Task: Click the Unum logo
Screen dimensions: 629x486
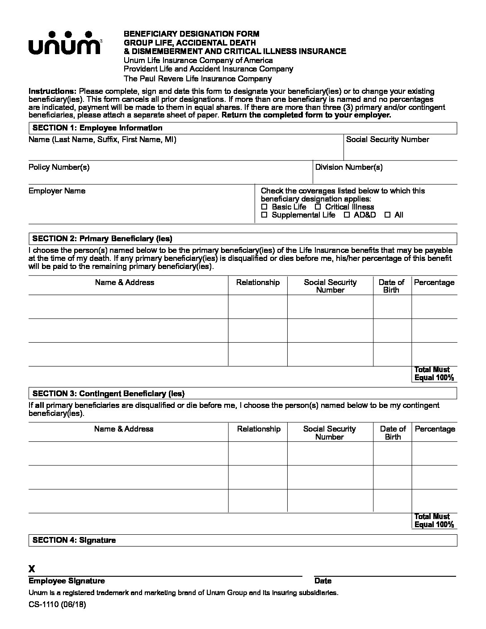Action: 65,43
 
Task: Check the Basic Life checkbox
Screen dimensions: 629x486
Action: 264,207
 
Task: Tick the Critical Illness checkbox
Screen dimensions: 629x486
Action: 318,207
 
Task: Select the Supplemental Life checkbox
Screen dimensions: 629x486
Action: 264,215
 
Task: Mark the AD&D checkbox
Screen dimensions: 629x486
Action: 347,215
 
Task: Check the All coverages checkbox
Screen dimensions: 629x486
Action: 387,215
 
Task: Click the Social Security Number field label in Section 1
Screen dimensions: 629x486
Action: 387,139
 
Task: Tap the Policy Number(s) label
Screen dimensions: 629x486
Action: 59,167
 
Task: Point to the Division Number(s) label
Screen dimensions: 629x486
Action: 348,167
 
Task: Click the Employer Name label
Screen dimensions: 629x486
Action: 57,191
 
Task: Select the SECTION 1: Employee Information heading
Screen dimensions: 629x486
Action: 97,128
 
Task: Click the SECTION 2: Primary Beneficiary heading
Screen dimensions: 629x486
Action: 102,238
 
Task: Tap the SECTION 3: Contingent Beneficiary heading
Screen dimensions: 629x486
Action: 108,394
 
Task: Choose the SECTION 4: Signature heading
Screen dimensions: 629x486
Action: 74,540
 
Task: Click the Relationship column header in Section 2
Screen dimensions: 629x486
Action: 258,282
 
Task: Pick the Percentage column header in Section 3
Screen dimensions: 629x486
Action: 435,429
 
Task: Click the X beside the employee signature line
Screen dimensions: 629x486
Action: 32,569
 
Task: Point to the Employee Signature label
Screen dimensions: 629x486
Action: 67,581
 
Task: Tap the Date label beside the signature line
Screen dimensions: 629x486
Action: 323,581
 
